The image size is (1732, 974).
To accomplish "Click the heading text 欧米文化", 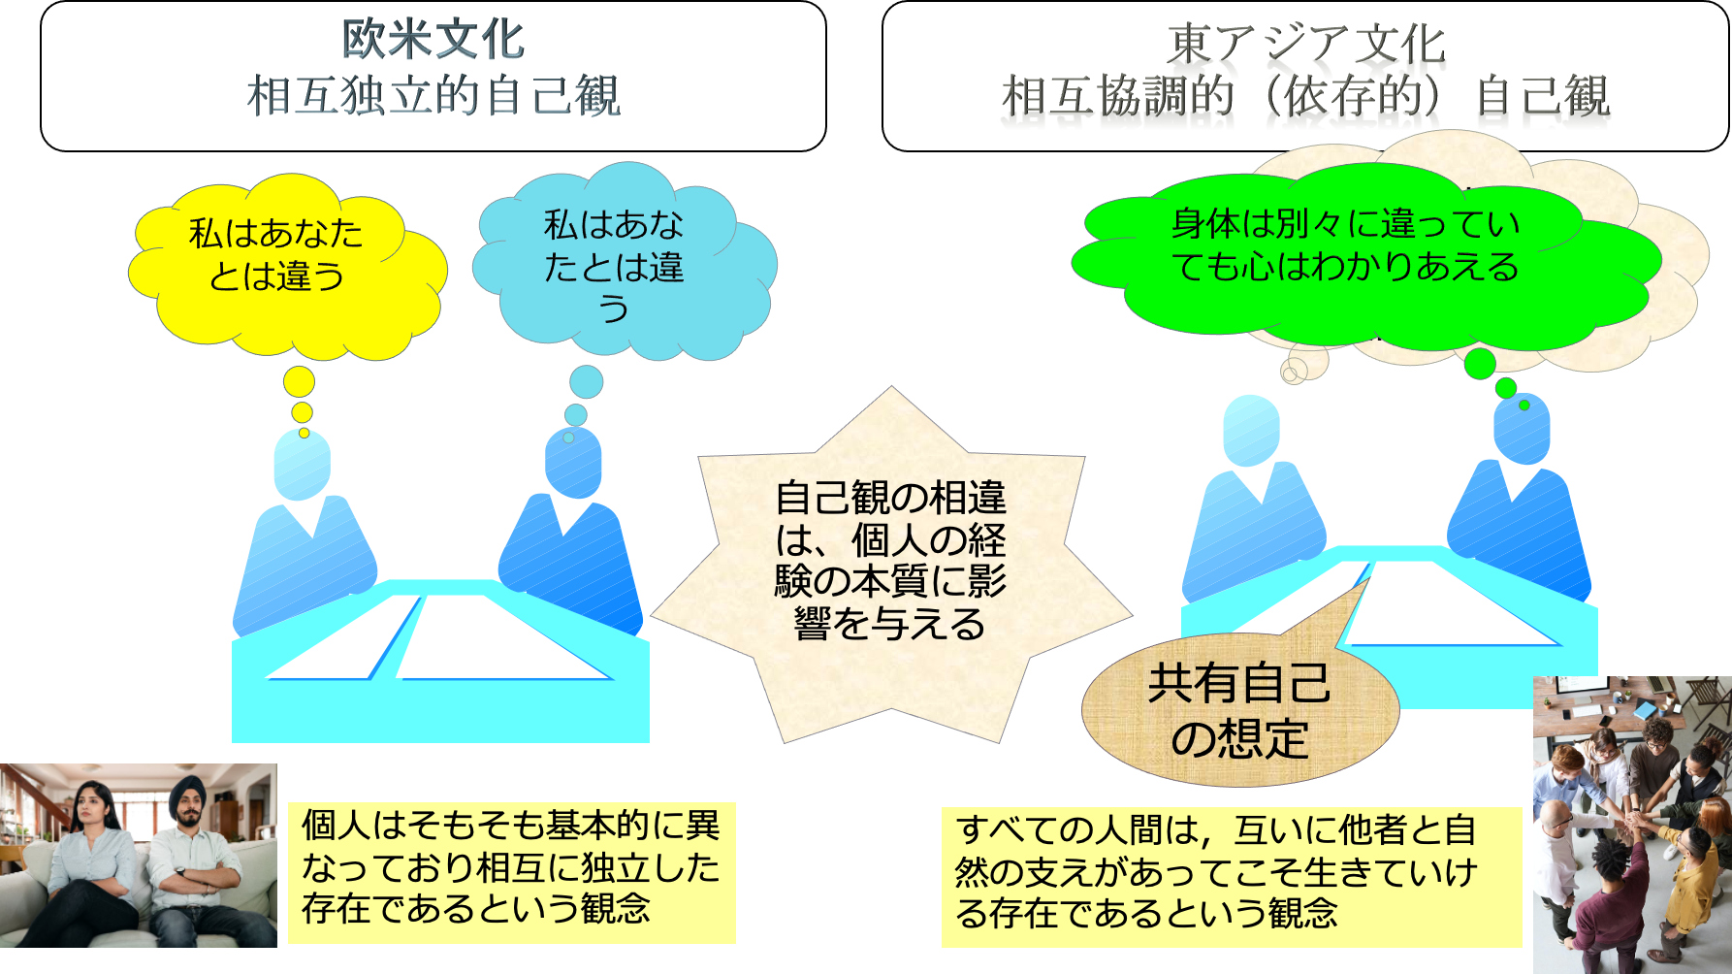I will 433,41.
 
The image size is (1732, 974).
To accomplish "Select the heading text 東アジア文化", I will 1305,45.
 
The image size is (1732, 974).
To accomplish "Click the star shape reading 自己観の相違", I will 890,563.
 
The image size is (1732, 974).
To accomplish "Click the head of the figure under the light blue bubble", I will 573,463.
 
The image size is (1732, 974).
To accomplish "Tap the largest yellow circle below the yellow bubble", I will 299,381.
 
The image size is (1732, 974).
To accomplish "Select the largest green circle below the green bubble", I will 1479,364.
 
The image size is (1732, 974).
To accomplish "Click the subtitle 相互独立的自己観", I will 433,97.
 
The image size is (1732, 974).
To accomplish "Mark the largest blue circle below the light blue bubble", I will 586,381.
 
